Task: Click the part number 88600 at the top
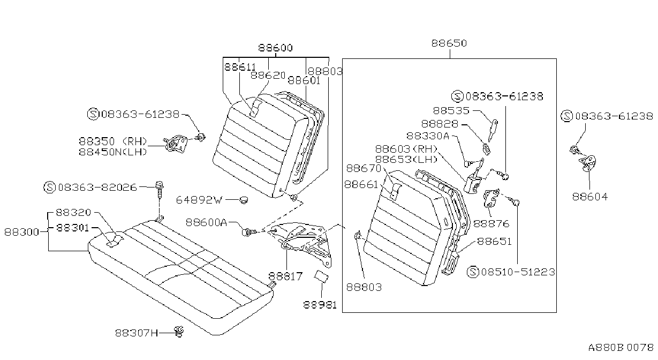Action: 275,48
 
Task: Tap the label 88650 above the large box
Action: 449,43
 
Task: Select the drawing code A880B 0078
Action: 621,348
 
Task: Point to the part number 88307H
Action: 137,333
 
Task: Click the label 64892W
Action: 199,200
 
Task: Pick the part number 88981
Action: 320,305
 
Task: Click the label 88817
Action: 285,276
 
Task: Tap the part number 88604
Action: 590,197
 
